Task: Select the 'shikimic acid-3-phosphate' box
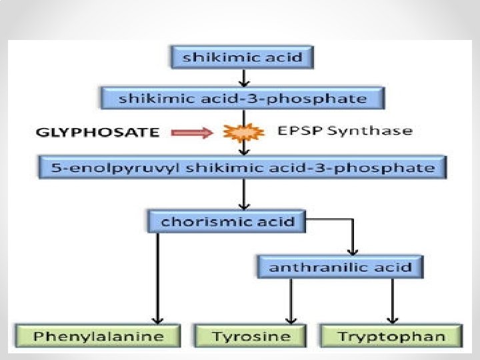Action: tap(243, 99)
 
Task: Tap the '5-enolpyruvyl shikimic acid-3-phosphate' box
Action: tap(243, 167)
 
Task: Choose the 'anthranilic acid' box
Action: tap(340, 267)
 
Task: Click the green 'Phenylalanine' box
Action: tap(98, 335)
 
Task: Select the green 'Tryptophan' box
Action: tap(391, 335)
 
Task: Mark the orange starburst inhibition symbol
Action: tap(239, 133)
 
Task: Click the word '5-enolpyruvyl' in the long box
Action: tap(93, 167)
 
